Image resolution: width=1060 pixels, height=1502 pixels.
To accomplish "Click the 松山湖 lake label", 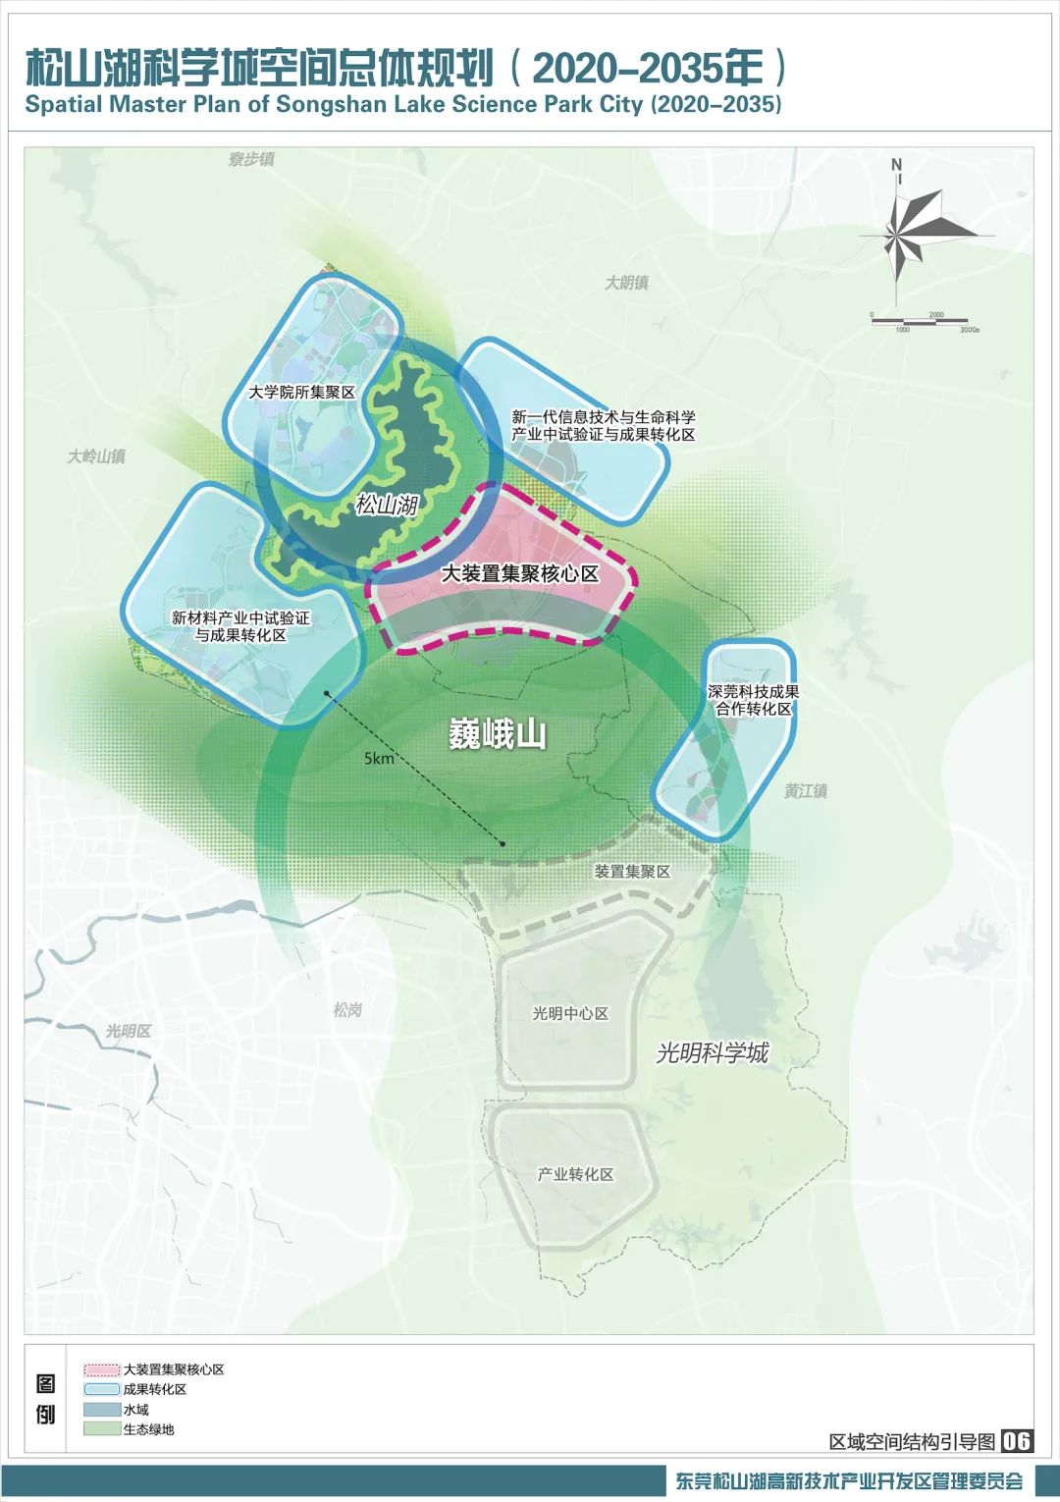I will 387,505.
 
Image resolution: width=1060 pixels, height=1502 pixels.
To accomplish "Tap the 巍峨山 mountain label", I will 497,734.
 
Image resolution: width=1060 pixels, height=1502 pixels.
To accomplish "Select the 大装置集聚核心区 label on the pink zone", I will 519,573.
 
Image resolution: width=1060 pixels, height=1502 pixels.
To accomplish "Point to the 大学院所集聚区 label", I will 301,392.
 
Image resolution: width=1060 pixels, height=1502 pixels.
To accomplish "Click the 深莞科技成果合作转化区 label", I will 753,700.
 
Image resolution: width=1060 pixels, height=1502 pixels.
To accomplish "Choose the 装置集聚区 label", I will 632,872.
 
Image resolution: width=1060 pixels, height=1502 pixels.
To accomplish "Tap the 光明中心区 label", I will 570,1013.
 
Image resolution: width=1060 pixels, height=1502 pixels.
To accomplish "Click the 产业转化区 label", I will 575,1174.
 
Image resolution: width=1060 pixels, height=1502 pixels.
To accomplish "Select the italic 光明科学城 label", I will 713,1053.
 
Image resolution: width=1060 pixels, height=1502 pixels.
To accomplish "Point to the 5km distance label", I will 379,758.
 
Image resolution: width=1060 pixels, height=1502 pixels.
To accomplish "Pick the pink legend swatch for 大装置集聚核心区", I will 102,1369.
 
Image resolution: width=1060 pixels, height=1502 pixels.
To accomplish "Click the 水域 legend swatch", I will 102,1410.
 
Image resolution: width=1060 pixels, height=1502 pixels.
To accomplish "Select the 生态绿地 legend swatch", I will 102,1429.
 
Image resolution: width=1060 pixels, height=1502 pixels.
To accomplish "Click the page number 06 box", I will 1017,1440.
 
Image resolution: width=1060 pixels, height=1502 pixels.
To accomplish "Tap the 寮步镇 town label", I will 251,159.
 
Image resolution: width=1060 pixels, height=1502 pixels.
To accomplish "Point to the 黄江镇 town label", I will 805,791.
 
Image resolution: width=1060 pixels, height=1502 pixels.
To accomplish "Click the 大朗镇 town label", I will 626,283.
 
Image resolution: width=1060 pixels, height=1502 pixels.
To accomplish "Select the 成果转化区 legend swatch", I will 102,1389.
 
